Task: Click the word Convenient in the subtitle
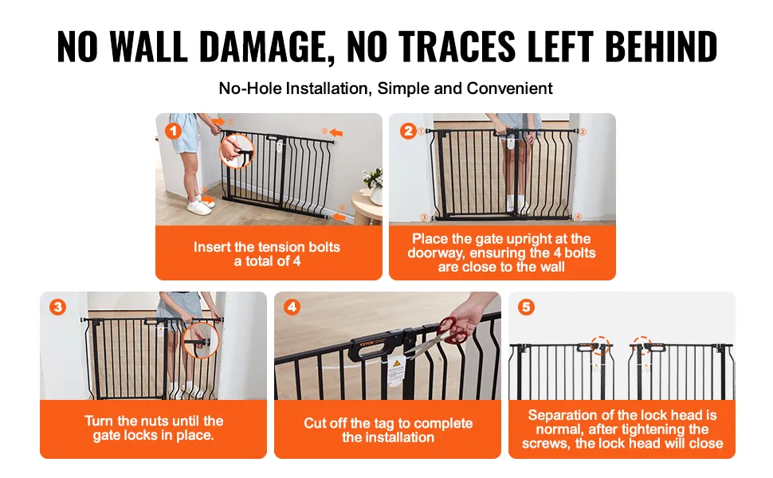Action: [509, 88]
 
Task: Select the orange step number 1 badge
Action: [173, 131]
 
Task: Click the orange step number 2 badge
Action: [408, 131]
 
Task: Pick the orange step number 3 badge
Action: [57, 308]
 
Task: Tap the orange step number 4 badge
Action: [292, 308]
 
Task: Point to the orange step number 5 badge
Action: [526, 308]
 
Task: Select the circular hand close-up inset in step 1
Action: [237, 151]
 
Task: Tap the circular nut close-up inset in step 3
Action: [201, 340]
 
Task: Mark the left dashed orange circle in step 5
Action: [600, 346]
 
